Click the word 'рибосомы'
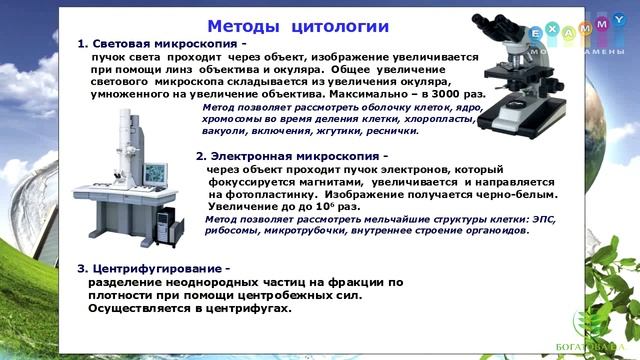point(232,230)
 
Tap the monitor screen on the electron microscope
point(156,171)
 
